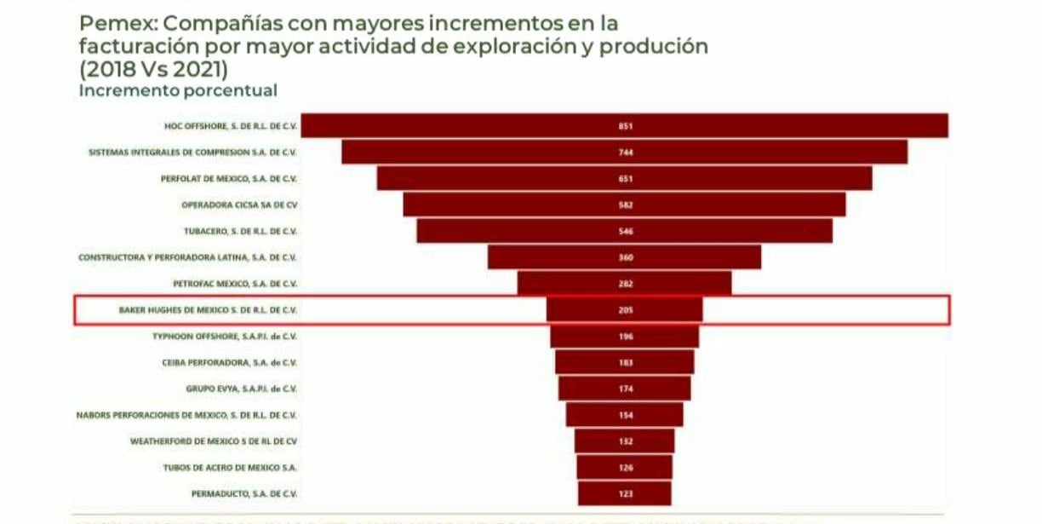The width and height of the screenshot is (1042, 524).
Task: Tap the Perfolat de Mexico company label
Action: pyautogui.click(x=228, y=179)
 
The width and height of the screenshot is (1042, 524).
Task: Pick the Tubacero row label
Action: pyautogui.click(x=239, y=231)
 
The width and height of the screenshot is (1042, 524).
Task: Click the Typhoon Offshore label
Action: pyautogui.click(x=224, y=337)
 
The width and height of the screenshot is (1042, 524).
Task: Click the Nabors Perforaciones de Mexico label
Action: pyautogui.click(x=186, y=415)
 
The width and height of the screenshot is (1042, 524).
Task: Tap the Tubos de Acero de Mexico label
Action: pyautogui.click(x=229, y=468)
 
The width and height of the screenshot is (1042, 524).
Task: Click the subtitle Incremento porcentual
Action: pyautogui.click(x=178, y=90)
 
